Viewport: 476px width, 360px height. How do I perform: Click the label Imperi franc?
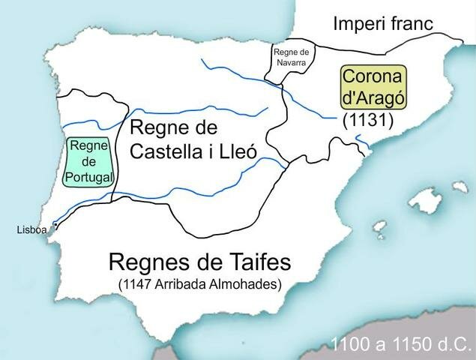tap(383, 23)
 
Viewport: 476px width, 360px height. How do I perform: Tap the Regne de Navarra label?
tap(292, 58)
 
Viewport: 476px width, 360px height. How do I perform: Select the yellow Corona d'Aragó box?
tap(373, 88)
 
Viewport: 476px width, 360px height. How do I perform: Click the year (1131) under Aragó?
tap(367, 120)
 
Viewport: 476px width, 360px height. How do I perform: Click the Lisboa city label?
tap(31, 230)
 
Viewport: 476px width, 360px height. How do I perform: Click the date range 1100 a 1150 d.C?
tap(401, 344)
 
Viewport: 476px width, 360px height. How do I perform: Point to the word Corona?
tap(373, 76)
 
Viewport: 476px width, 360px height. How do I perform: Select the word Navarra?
tap(292, 63)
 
